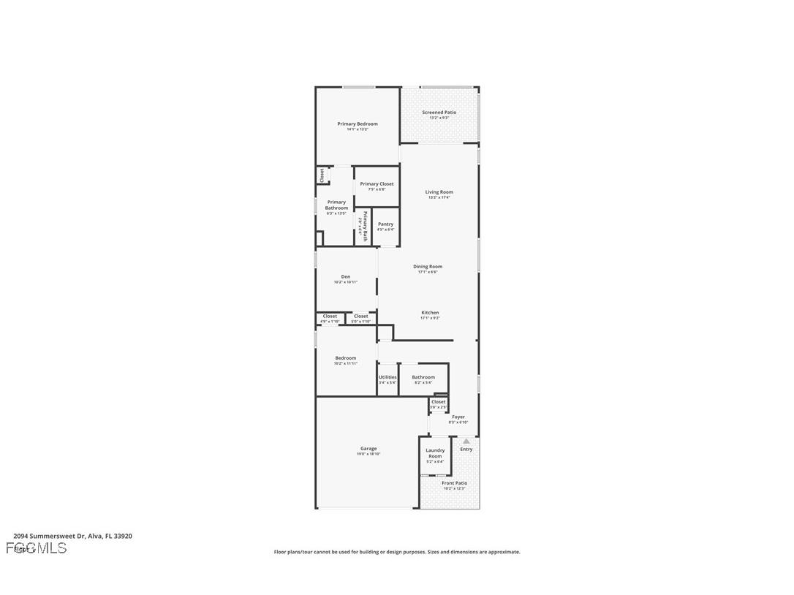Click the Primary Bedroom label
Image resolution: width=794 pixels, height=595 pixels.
358,124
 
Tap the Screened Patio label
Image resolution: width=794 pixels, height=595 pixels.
439,113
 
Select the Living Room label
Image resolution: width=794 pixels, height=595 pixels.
439,192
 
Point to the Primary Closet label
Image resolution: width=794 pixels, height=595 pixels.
377,184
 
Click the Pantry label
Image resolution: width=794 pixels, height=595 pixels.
385,224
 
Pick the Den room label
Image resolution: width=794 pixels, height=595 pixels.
345,276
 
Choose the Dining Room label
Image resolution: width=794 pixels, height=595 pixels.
428,267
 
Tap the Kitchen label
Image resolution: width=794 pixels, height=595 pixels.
430,313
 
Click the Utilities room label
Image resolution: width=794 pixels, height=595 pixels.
387,377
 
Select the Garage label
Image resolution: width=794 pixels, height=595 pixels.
368,449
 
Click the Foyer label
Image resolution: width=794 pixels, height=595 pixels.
458,417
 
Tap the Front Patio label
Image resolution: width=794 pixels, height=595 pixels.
454,483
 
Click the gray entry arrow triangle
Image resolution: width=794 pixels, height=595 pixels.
466,441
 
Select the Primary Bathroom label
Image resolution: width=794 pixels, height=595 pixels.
336,205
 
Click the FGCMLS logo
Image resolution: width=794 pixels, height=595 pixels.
36,548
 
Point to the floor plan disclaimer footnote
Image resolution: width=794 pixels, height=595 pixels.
397,552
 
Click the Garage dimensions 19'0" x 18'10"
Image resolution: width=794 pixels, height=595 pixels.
368,454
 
